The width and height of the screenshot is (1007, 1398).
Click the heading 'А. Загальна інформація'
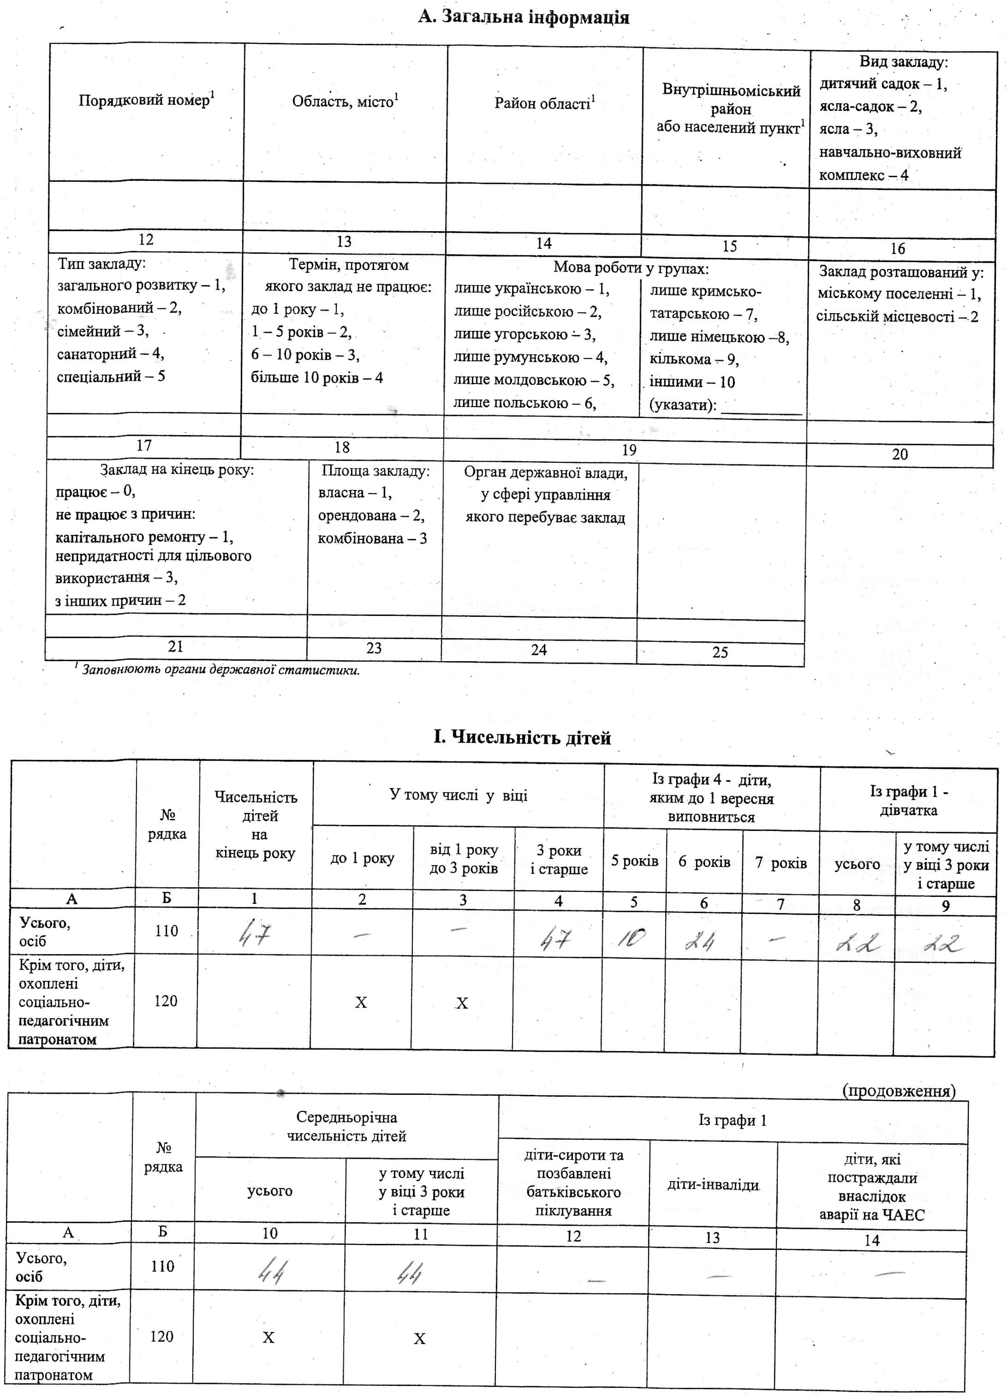pos(523,17)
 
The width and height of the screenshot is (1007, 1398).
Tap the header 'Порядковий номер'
pos(147,100)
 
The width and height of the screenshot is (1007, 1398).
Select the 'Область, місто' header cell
pos(345,101)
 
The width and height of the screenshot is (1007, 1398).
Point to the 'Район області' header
pos(544,103)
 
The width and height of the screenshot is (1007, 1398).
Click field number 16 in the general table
pos(897,248)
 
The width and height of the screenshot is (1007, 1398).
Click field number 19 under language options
pos(628,450)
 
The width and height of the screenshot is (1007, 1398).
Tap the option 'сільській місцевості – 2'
pos(897,317)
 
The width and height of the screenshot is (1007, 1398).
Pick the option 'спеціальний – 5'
pos(111,376)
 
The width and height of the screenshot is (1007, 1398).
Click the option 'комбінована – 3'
pos(372,538)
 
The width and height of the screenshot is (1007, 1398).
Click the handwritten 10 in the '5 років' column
pos(632,939)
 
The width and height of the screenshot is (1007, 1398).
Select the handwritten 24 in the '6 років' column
pos(700,942)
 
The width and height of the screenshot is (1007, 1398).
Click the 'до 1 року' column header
pos(363,858)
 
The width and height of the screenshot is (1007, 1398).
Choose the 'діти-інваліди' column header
pos(712,1185)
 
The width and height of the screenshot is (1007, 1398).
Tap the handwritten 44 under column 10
pos(270,1272)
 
